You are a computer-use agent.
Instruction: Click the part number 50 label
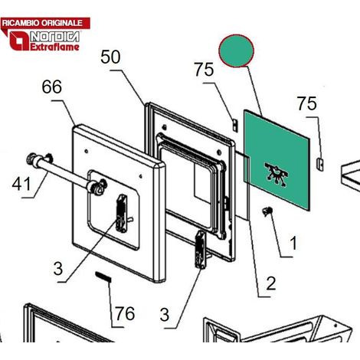110,57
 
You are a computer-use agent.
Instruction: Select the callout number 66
51,87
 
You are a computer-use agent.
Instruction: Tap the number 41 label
21,184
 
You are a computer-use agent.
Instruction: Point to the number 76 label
125,313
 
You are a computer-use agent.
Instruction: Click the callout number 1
293,243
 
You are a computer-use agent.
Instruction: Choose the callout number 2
270,283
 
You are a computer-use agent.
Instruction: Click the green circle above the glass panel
236,51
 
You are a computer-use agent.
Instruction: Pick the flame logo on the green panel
277,174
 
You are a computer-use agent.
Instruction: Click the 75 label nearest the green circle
204,70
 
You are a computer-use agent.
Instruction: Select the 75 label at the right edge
306,103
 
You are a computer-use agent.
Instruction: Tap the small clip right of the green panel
320,164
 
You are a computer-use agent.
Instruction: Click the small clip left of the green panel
235,125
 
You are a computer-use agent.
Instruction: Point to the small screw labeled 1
267,211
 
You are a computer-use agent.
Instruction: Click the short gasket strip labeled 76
103,277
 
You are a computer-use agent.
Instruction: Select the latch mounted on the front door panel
122,214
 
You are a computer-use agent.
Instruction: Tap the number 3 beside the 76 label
165,315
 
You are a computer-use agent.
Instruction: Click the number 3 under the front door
58,268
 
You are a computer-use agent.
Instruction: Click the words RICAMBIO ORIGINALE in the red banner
42,23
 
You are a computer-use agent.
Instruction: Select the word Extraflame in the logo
54,47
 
